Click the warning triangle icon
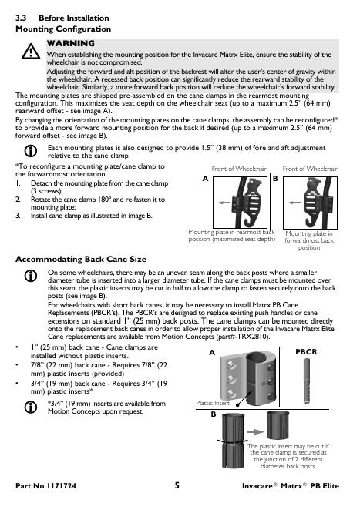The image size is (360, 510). (31, 52)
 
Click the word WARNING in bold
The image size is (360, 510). (71, 43)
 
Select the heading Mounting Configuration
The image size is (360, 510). (63, 29)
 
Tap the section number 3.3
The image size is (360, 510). (21, 18)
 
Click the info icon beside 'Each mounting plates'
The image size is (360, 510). (31, 151)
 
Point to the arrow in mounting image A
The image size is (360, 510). (224, 203)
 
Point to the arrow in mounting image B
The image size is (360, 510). (294, 203)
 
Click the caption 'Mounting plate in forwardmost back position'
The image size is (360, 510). (309, 240)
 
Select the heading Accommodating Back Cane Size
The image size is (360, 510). (81, 259)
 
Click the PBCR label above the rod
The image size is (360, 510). (306, 352)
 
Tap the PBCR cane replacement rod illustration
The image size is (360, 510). (307, 381)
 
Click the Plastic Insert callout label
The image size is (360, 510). (213, 403)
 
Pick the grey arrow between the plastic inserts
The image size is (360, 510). (255, 432)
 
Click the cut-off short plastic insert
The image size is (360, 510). (278, 425)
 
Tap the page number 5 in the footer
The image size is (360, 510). (177, 485)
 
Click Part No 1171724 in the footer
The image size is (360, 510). (45, 486)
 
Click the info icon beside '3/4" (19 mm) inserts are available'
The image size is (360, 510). (31, 407)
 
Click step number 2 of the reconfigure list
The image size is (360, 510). (18, 200)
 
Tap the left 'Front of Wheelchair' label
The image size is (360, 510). (239, 169)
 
